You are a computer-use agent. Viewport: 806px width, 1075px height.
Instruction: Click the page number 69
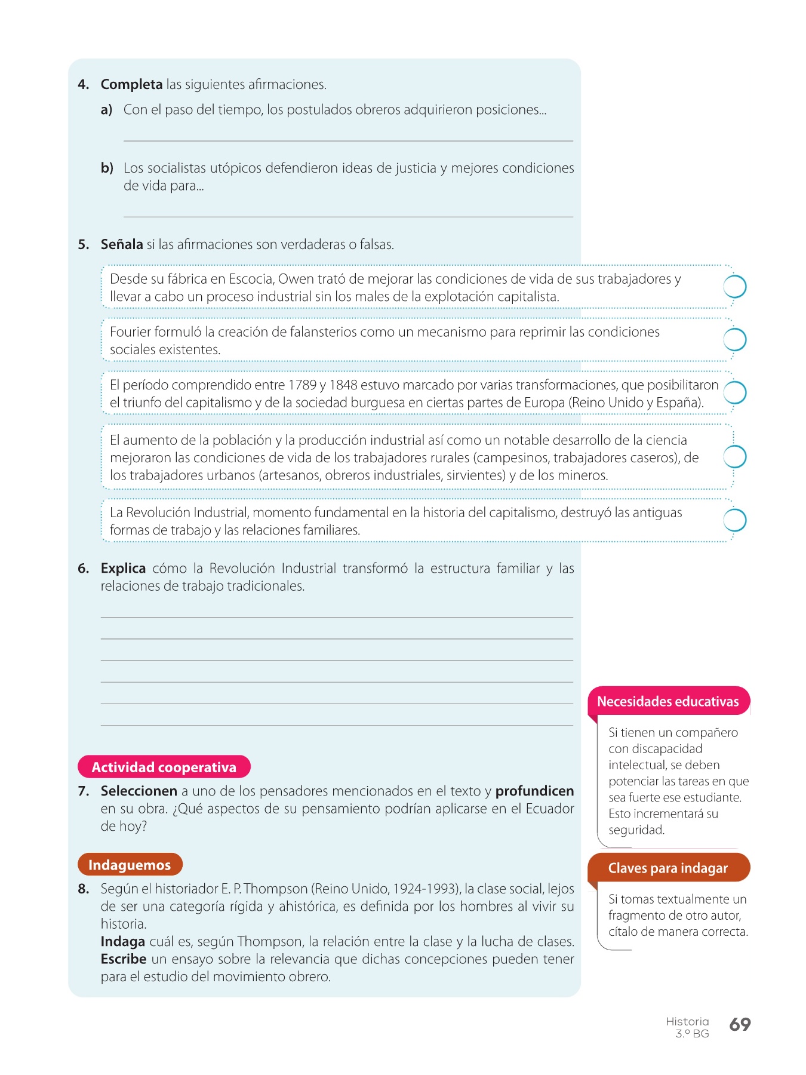click(x=740, y=1024)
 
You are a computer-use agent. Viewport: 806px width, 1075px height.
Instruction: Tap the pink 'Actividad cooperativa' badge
click(x=164, y=767)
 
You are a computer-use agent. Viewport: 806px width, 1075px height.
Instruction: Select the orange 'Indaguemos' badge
click(x=130, y=864)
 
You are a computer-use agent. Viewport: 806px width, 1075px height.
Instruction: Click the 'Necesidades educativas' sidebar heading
click(x=668, y=701)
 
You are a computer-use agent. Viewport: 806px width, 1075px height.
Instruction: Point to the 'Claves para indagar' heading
click(x=668, y=868)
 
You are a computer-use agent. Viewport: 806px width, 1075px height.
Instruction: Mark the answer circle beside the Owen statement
click(x=735, y=287)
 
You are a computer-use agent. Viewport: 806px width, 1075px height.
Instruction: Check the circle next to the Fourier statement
click(x=735, y=340)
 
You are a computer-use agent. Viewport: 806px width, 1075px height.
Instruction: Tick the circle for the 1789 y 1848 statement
click(x=735, y=393)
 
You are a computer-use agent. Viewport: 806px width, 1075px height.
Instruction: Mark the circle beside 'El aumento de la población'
click(x=735, y=457)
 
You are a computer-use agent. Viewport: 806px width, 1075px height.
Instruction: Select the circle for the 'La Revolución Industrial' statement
click(x=735, y=520)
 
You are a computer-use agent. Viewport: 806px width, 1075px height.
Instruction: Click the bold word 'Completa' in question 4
click(x=131, y=84)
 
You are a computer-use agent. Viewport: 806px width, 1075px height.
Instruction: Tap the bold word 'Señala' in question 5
click(x=122, y=244)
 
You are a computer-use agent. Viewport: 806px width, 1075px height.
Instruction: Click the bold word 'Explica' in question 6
click(x=123, y=568)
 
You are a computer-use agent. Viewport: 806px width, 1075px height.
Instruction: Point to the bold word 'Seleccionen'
click(x=139, y=791)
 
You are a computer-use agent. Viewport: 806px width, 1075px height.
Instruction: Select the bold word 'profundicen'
click(x=534, y=791)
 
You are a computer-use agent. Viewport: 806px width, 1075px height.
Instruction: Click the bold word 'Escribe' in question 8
click(x=124, y=959)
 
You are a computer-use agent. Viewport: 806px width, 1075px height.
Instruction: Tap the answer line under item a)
click(x=348, y=140)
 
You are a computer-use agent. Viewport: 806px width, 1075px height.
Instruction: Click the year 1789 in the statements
click(x=302, y=385)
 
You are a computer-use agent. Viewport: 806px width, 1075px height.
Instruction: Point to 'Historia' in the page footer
click(x=687, y=1021)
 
